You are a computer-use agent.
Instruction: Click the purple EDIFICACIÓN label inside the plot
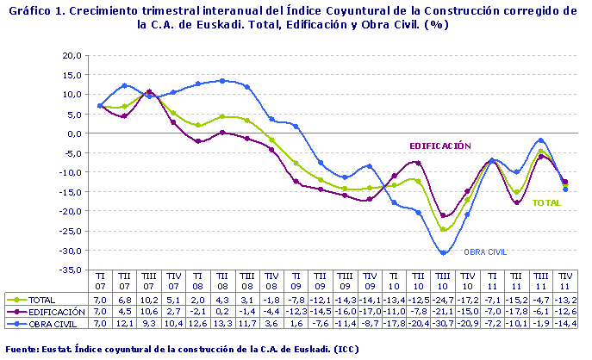pos(439,146)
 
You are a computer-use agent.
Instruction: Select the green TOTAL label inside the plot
pos(546,203)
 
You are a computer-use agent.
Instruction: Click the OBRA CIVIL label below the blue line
pos(485,252)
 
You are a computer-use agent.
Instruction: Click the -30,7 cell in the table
pos(442,323)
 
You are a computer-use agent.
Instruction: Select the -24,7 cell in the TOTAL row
pos(442,299)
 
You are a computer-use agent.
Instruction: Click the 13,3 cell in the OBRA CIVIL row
pos(223,323)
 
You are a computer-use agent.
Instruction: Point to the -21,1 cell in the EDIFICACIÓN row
pos(442,311)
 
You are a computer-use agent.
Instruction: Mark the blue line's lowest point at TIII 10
pos(444,252)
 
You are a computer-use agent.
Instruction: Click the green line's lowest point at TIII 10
pos(444,229)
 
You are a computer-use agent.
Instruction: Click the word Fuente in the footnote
pos(22,350)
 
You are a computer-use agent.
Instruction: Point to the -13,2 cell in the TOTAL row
pos(565,299)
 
